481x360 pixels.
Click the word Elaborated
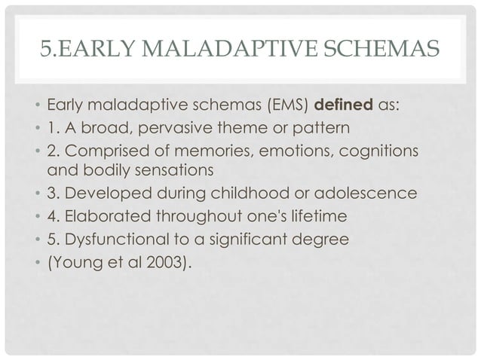105,217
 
